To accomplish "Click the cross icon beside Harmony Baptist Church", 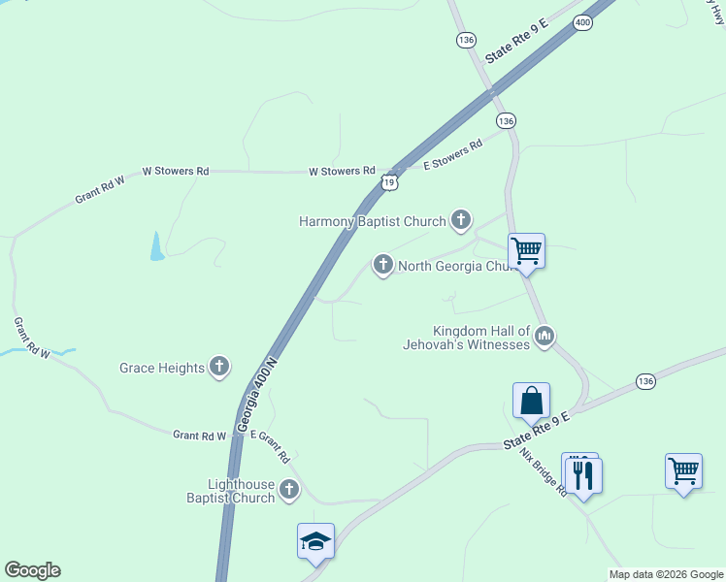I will (x=460, y=221).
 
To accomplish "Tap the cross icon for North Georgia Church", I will (x=383, y=263).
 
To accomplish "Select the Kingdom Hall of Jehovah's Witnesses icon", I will (x=544, y=337).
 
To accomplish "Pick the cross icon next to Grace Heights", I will (x=220, y=366).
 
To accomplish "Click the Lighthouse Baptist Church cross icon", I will (x=289, y=490).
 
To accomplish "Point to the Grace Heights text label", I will (x=162, y=368).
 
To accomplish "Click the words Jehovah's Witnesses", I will (x=468, y=344).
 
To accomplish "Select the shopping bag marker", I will (x=531, y=400).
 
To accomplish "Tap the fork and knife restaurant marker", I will (x=583, y=475).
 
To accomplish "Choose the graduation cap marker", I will (x=316, y=541).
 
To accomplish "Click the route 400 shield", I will (x=582, y=22).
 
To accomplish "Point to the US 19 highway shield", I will (x=389, y=181).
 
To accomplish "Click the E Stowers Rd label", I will (x=453, y=155).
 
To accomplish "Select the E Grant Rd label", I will (x=271, y=445).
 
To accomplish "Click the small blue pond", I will (x=157, y=247).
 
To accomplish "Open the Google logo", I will (x=32, y=570).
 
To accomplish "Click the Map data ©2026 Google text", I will (x=666, y=574).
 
